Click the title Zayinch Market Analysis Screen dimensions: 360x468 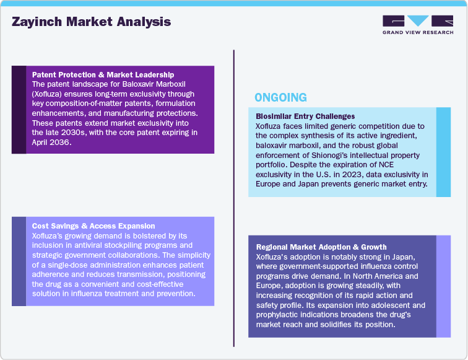pos(91,22)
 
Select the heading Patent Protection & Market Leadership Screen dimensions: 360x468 pos(103,75)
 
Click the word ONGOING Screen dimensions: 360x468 pos(280,97)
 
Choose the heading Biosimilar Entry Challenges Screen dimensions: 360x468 pos(305,116)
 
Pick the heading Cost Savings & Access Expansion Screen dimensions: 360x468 pos(93,226)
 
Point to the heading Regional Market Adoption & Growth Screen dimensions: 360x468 pos(321,247)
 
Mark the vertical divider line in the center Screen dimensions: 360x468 pos(233,198)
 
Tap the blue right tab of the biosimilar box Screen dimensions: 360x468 pos(443,152)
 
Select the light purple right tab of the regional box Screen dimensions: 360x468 pos(443,286)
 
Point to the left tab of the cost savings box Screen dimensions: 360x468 pos(19,261)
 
